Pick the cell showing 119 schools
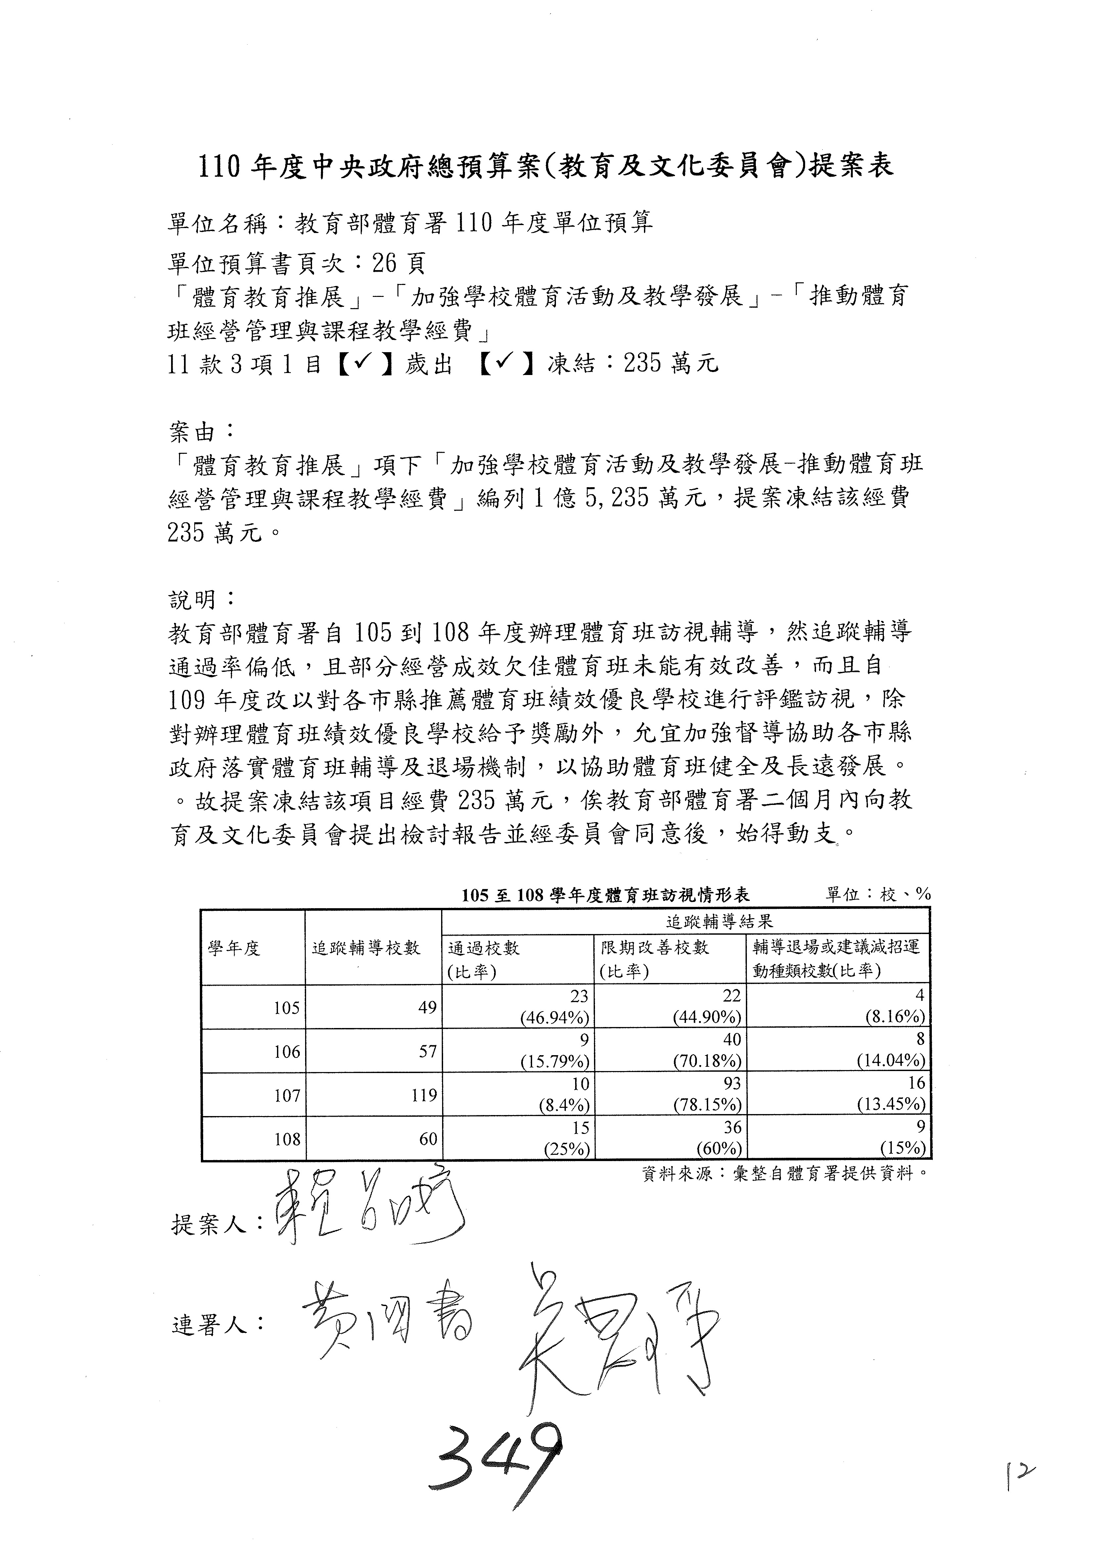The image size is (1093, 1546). pos(424,1096)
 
